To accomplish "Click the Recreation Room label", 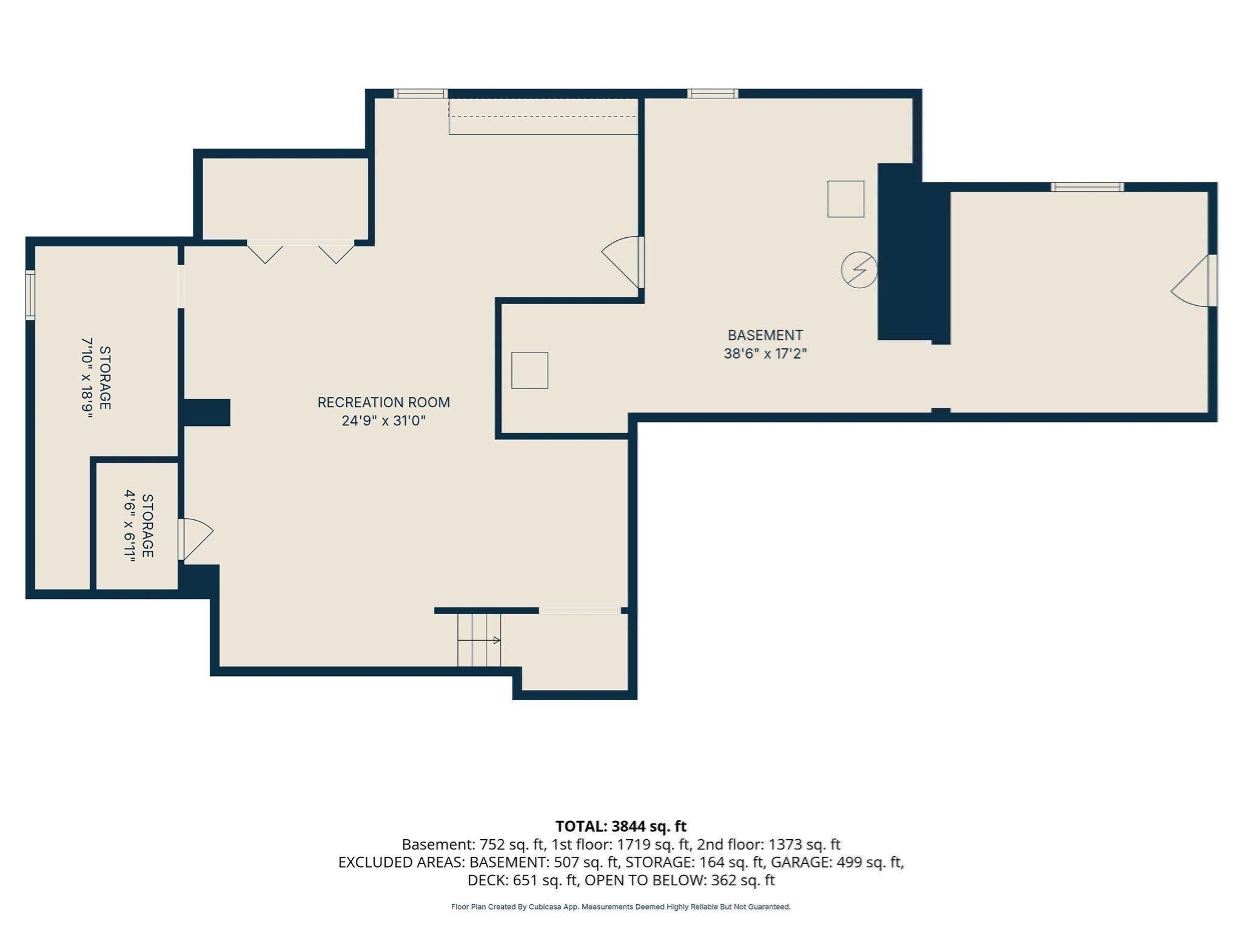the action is pyautogui.click(x=383, y=402).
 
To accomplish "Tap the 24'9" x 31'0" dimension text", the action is pyautogui.click(x=383, y=420).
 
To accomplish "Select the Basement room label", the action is pyautogui.click(x=765, y=335).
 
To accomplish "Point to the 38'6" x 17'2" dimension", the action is pyautogui.click(x=765, y=353).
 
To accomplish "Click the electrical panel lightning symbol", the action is pyautogui.click(x=859, y=269).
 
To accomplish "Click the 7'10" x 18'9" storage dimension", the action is pyautogui.click(x=96, y=377).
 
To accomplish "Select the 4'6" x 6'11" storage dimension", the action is pyautogui.click(x=139, y=525).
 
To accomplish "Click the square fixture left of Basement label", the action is pyautogui.click(x=529, y=370).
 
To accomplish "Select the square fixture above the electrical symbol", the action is pyautogui.click(x=846, y=199).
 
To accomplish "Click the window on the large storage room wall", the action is pyautogui.click(x=30, y=295).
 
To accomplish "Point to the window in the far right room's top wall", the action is pyautogui.click(x=1087, y=187).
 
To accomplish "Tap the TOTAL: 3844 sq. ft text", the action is pyautogui.click(x=621, y=826).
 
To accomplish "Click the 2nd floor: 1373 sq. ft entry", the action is pyautogui.click(x=768, y=844).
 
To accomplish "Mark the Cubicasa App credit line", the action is pyautogui.click(x=621, y=907).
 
